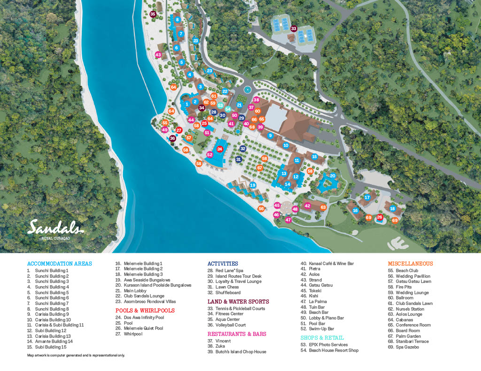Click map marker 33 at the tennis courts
294,29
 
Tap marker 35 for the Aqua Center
153,15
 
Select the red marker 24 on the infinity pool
219,149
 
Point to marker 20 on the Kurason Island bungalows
333,176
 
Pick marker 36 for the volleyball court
172,138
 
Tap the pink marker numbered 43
158,55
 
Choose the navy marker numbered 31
239,159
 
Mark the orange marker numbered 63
323,207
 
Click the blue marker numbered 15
314,157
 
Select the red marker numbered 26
380,217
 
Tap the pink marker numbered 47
288,220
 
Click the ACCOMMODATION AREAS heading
60,264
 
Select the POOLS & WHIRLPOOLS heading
145,310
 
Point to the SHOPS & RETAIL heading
322,338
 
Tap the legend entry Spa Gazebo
403,347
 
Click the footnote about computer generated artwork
76,355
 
